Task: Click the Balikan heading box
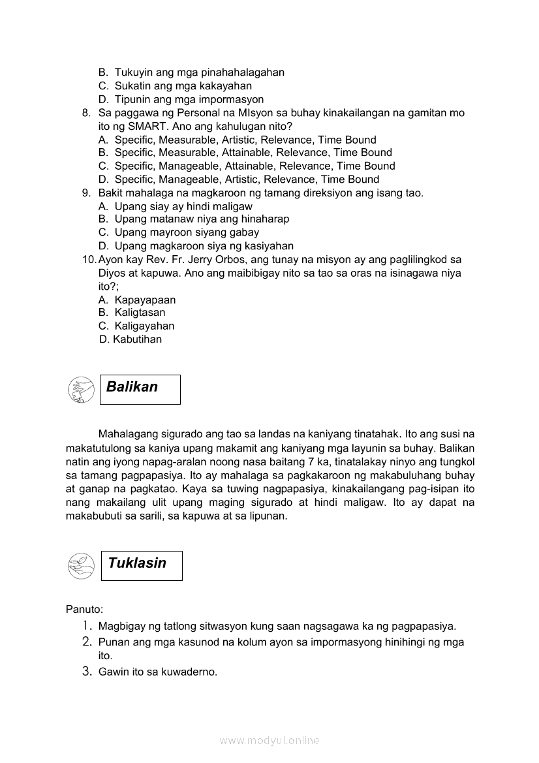pyautogui.click(x=140, y=389)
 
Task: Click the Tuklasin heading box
pyautogui.click(x=141, y=565)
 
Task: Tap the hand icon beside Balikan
pyautogui.click(x=81, y=389)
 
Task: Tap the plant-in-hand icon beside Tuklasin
pyautogui.click(x=81, y=565)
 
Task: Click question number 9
pyautogui.click(x=86, y=193)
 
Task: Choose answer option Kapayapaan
pyautogui.click(x=145, y=300)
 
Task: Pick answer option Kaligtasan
pyautogui.click(x=140, y=313)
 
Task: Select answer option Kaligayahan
pyautogui.click(x=144, y=326)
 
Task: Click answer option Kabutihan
pyautogui.click(x=137, y=339)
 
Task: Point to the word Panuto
pyautogui.click(x=84, y=610)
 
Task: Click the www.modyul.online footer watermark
pyautogui.click(x=269, y=740)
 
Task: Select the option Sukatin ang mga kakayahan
pyautogui.click(x=183, y=86)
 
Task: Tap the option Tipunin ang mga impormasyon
pyautogui.click(x=189, y=99)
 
